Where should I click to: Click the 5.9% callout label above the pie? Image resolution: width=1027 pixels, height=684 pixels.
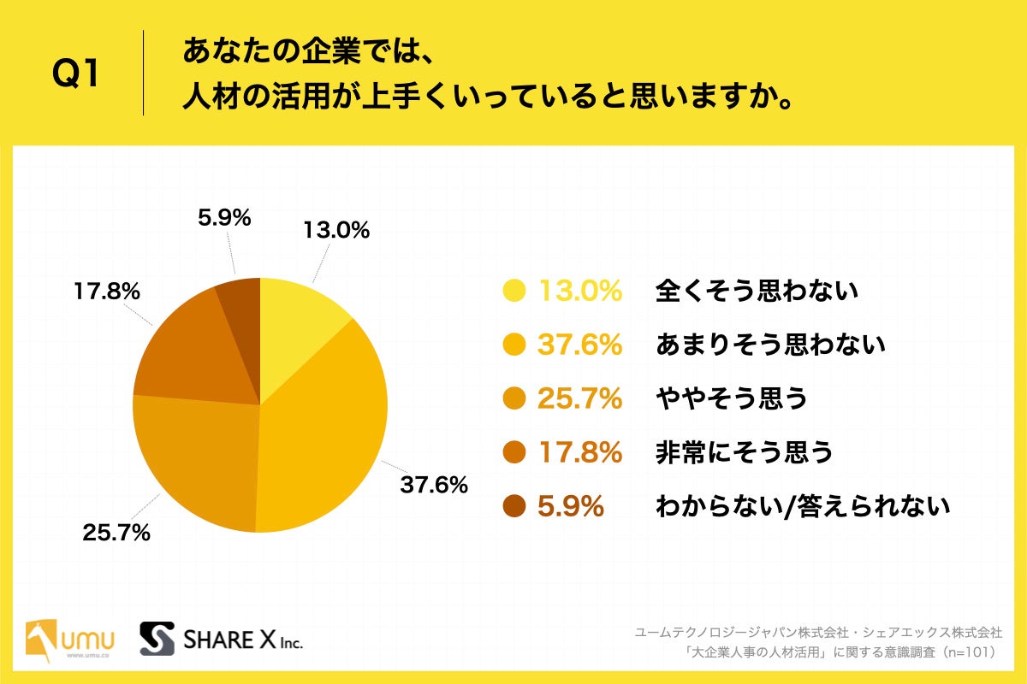(x=224, y=218)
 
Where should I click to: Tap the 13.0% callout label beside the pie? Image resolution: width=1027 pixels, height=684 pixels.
(x=335, y=230)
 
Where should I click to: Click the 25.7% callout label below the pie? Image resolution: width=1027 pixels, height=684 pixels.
(x=116, y=534)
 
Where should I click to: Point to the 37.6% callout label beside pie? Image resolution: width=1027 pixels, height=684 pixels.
(x=434, y=485)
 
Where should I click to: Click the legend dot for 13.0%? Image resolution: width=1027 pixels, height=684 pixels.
(x=513, y=292)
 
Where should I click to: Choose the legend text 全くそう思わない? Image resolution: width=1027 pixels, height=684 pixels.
(x=757, y=292)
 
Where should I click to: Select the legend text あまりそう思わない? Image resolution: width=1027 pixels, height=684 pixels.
(x=769, y=345)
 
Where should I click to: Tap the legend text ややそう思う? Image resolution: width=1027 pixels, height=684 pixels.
(x=731, y=399)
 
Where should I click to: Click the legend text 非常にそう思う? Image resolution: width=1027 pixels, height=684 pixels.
(x=744, y=453)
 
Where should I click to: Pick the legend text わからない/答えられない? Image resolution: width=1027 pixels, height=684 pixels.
(x=802, y=507)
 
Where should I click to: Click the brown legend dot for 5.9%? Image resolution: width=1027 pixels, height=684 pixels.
(x=513, y=507)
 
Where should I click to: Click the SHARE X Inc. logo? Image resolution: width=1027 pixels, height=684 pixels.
(x=222, y=640)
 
